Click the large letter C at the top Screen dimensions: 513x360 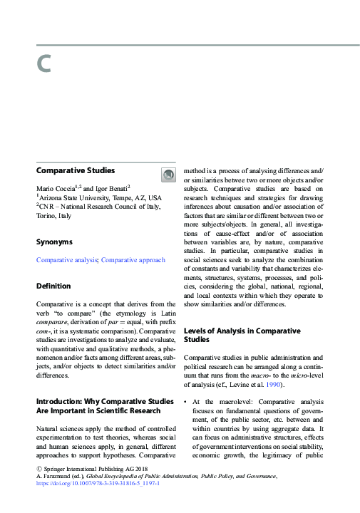pyautogui.click(x=44, y=64)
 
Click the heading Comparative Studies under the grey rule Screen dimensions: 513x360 pyautogui.click(x=76, y=170)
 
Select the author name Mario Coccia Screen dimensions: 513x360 pyautogui.click(x=58, y=187)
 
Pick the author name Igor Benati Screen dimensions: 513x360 pyautogui.click(x=107, y=187)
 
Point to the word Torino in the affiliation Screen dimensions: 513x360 pyautogui.click(x=46, y=215)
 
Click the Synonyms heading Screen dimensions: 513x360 pyautogui.click(x=54, y=242)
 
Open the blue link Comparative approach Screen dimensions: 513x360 pyautogui.click(x=133, y=260)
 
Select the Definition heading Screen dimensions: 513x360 pyautogui.click(x=53, y=286)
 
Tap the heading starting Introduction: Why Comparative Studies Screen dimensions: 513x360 pyautogui.click(x=98, y=400)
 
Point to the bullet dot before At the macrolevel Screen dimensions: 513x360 pyautogui.click(x=186, y=403)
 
